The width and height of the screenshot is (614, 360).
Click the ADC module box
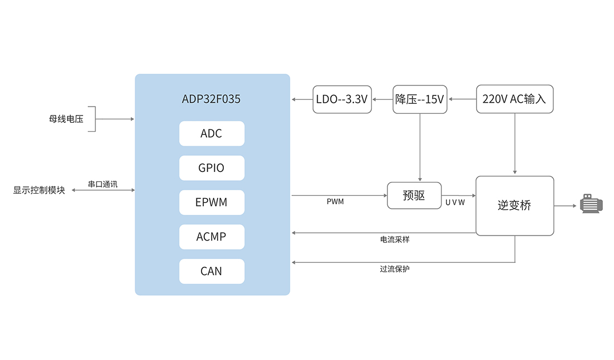(x=212, y=133)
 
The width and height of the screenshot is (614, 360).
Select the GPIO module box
(x=212, y=168)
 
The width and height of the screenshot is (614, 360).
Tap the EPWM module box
(x=212, y=202)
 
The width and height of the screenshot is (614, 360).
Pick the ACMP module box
(x=212, y=237)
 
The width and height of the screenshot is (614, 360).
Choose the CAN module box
(x=212, y=271)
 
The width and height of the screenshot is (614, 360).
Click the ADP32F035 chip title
(x=212, y=99)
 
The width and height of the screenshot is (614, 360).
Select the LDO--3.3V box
(x=342, y=99)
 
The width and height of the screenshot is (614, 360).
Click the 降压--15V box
(x=420, y=99)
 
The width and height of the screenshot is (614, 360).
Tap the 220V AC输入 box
(x=515, y=99)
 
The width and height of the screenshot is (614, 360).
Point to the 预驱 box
(x=414, y=195)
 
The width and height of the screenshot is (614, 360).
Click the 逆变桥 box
(x=515, y=205)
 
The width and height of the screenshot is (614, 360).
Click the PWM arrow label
(x=335, y=202)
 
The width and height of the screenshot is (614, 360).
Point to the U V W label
(x=455, y=203)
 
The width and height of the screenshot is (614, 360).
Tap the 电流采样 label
(x=395, y=239)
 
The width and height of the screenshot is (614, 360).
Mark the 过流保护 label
(x=395, y=269)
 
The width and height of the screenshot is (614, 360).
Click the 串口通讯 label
(x=103, y=184)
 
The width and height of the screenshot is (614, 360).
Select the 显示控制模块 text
(x=39, y=190)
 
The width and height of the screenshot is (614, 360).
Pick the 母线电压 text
(x=66, y=119)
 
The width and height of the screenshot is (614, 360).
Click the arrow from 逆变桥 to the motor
(x=565, y=205)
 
